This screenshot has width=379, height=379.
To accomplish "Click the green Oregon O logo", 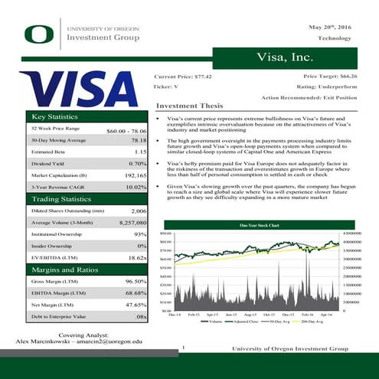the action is tap(38, 33).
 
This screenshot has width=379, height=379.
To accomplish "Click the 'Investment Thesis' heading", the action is tap(188, 106).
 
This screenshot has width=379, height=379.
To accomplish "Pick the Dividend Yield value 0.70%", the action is tap(138, 164).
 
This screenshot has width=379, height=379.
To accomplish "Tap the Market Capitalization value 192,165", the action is tap(135, 175).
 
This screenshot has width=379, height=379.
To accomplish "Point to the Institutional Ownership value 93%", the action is tap(139, 234).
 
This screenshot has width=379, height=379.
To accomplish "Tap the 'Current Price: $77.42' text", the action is tap(183, 77).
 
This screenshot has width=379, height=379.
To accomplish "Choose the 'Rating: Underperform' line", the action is tap(327, 87).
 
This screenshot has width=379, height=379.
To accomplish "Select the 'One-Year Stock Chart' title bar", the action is tap(259, 225).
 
